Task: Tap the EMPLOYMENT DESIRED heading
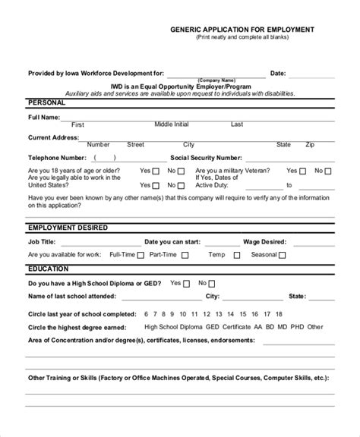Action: pos(68,228)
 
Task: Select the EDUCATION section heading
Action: pos(48,269)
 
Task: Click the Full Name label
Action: pos(44,118)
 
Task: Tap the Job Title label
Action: pos(42,242)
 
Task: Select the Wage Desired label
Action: pos(263,242)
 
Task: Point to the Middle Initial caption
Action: pos(172,124)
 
